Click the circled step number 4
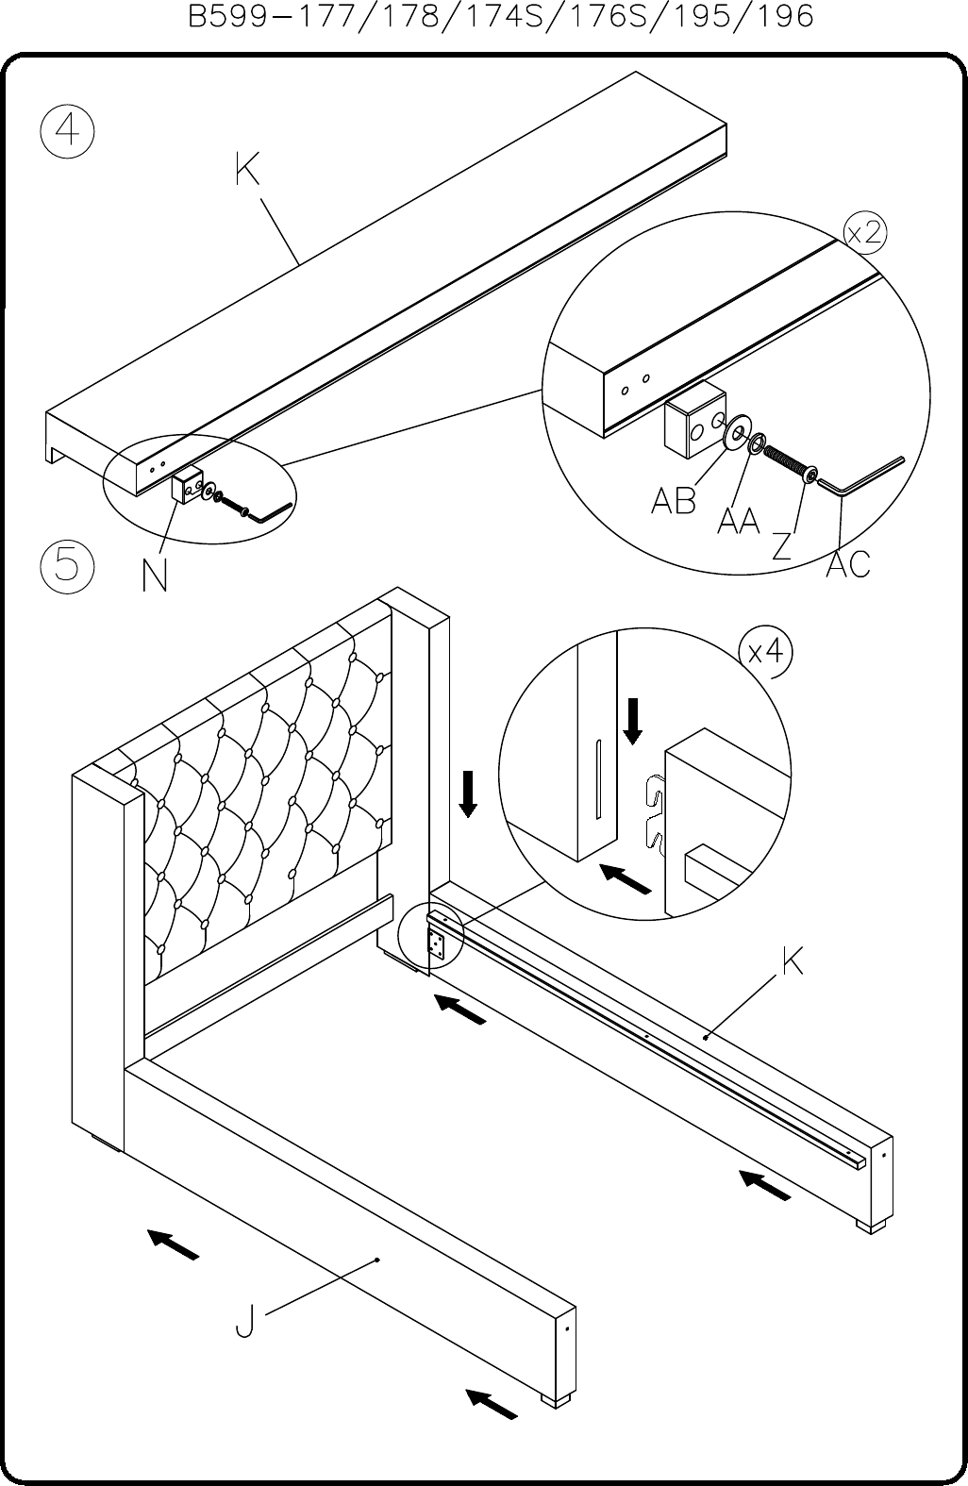tap(67, 131)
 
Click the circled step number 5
tap(67, 566)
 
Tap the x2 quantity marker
tap(866, 233)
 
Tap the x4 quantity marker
tap(766, 652)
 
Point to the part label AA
tap(739, 520)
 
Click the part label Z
tap(782, 545)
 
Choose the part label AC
tap(848, 564)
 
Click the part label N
tap(155, 575)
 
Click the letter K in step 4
tap(247, 169)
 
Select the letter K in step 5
tap(793, 961)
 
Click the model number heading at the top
tap(501, 16)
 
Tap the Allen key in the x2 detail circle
tap(860, 475)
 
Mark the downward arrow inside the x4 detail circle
tap(633, 721)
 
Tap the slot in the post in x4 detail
tap(598, 778)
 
